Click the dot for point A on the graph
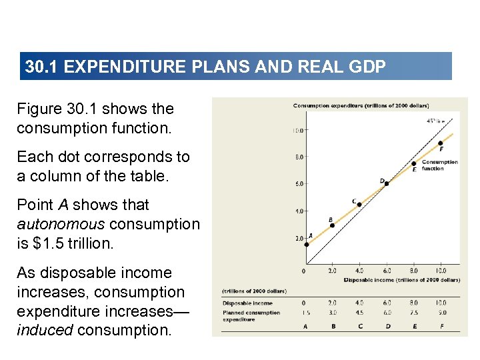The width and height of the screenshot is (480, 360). pyautogui.click(x=306, y=244)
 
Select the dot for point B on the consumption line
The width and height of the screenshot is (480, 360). pyautogui.click(x=333, y=225)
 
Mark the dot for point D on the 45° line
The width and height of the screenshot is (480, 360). pyautogui.click(x=387, y=183)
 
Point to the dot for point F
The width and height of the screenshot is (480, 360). pyautogui.click(x=441, y=143)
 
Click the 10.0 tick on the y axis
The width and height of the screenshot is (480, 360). pyautogui.click(x=297, y=131)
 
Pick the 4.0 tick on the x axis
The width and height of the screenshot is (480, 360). pyautogui.click(x=360, y=271)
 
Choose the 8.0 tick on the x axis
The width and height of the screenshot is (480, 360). pyautogui.click(x=413, y=271)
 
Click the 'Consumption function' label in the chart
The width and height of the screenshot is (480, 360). pyautogui.click(x=439, y=165)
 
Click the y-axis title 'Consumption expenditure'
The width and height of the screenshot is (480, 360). pyautogui.click(x=361, y=105)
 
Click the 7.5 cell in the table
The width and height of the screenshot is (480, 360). pyautogui.click(x=413, y=312)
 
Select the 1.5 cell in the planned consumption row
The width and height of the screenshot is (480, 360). pyautogui.click(x=306, y=312)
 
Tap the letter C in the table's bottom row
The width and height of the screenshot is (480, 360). pyautogui.click(x=360, y=327)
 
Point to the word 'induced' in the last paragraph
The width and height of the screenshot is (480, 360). pyautogui.click(x=44, y=331)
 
